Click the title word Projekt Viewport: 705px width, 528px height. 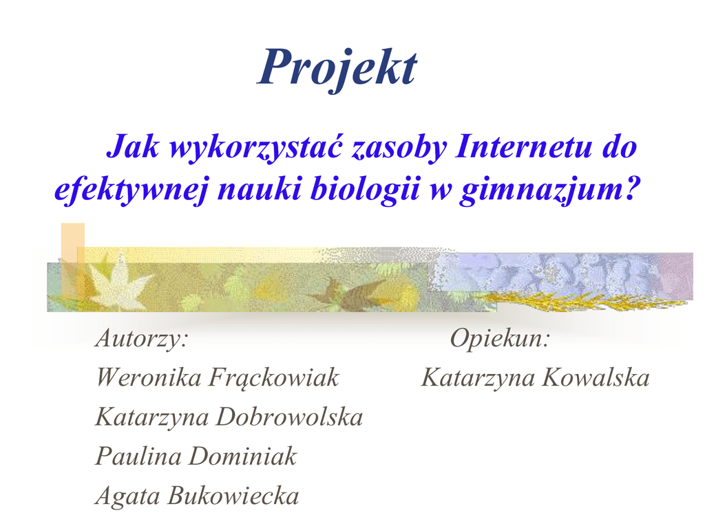click(337, 69)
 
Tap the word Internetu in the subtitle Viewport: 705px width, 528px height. click(523, 147)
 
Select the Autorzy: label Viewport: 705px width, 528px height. click(142, 338)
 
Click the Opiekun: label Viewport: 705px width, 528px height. click(500, 338)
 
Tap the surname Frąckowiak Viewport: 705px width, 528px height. click(273, 377)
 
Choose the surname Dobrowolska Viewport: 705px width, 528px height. click(289, 417)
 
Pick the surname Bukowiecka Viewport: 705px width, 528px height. click(233, 496)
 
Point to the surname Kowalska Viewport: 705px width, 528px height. click(596, 377)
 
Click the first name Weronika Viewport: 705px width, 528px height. click(149, 377)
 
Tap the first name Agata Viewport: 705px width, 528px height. click(127, 496)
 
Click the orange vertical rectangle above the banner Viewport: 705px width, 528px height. click(72, 243)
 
